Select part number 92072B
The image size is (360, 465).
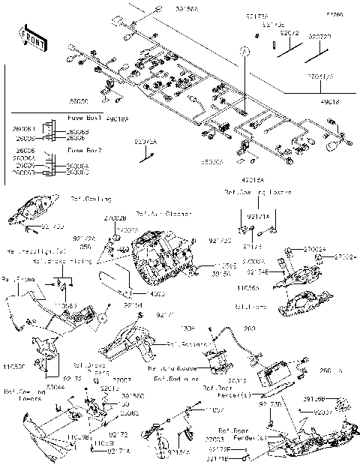pos(321,36)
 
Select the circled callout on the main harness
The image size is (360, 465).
pos(244,50)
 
